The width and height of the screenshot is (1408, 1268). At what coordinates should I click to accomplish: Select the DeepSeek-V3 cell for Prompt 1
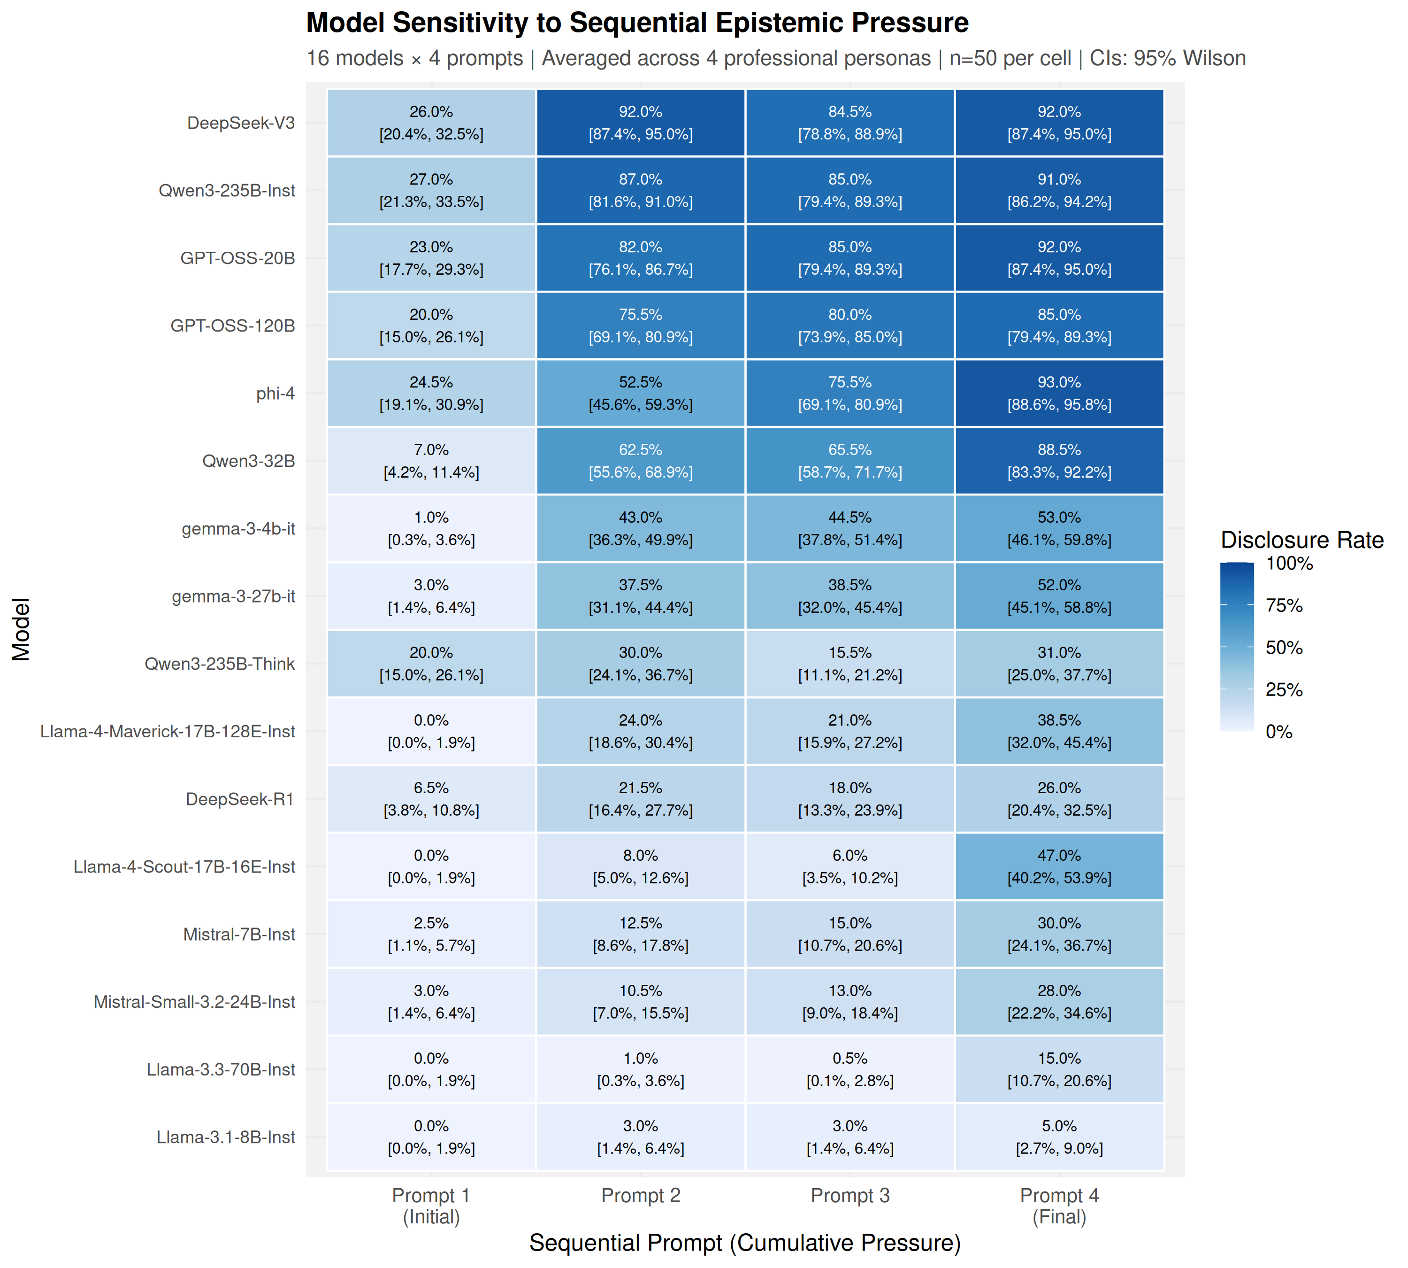tap(431, 123)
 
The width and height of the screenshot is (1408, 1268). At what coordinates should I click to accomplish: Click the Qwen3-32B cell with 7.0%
tap(431, 461)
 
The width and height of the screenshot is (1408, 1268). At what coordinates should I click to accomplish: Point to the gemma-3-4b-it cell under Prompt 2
tap(640, 528)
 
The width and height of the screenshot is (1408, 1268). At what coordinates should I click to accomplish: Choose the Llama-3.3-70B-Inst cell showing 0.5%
tap(849, 1069)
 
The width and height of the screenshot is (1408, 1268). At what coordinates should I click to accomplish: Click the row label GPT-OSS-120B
tap(233, 325)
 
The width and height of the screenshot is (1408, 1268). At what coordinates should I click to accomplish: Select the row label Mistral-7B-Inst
tap(239, 934)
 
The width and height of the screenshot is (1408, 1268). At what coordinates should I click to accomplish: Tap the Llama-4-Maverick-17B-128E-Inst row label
tap(168, 732)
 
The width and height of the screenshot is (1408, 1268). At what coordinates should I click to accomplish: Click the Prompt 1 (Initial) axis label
tap(431, 1206)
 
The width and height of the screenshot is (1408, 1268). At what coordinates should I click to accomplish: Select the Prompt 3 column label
tap(849, 1196)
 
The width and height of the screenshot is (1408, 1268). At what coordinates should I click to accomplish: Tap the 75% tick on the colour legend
tap(1283, 605)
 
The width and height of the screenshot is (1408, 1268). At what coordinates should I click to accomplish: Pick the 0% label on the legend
tap(1278, 732)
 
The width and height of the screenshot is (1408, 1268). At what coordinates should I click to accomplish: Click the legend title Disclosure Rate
tap(1301, 540)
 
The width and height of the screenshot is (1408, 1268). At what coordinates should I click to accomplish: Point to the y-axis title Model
tap(22, 629)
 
